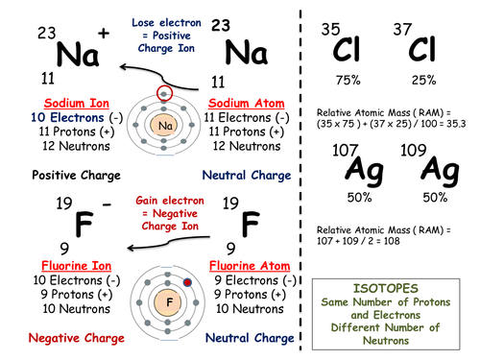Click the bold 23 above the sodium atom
click(221, 25)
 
